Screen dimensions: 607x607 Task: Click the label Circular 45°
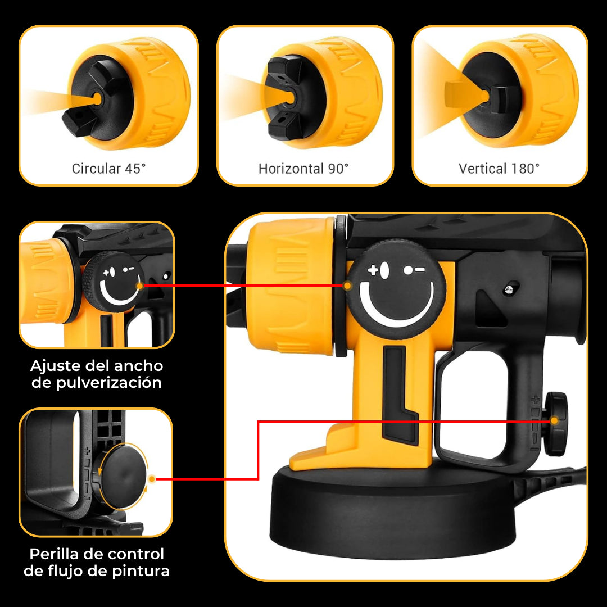click(x=109, y=169)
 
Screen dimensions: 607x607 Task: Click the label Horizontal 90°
click(x=303, y=169)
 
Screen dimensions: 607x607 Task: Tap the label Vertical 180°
click(x=499, y=169)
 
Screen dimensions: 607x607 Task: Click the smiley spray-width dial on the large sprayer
click(x=396, y=289)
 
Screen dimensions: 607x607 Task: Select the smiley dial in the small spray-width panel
click(x=114, y=281)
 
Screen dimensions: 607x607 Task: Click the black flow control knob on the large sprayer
click(x=556, y=424)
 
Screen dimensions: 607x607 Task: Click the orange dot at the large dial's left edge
click(x=348, y=286)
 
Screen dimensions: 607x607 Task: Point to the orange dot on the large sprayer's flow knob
click(x=554, y=420)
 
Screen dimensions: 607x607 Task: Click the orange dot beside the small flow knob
click(x=152, y=479)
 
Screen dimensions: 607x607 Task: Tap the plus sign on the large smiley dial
click(x=373, y=270)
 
